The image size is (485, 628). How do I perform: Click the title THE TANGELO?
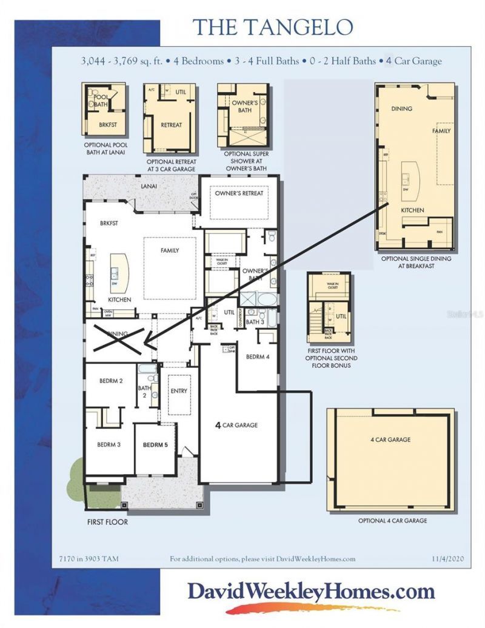tap(272, 27)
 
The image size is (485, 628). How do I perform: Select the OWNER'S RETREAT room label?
tap(239, 193)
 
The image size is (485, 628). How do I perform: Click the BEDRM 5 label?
tap(155, 444)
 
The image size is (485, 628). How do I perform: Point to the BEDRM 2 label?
tap(112, 381)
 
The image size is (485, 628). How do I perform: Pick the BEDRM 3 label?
tap(109, 444)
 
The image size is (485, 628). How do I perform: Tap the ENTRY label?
tap(179, 391)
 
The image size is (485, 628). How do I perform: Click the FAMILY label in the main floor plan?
tap(170, 250)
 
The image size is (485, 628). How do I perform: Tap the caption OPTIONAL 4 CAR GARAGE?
tap(393, 521)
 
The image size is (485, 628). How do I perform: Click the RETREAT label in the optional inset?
tap(171, 125)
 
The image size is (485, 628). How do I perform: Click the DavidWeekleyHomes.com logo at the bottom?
tap(310, 592)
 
